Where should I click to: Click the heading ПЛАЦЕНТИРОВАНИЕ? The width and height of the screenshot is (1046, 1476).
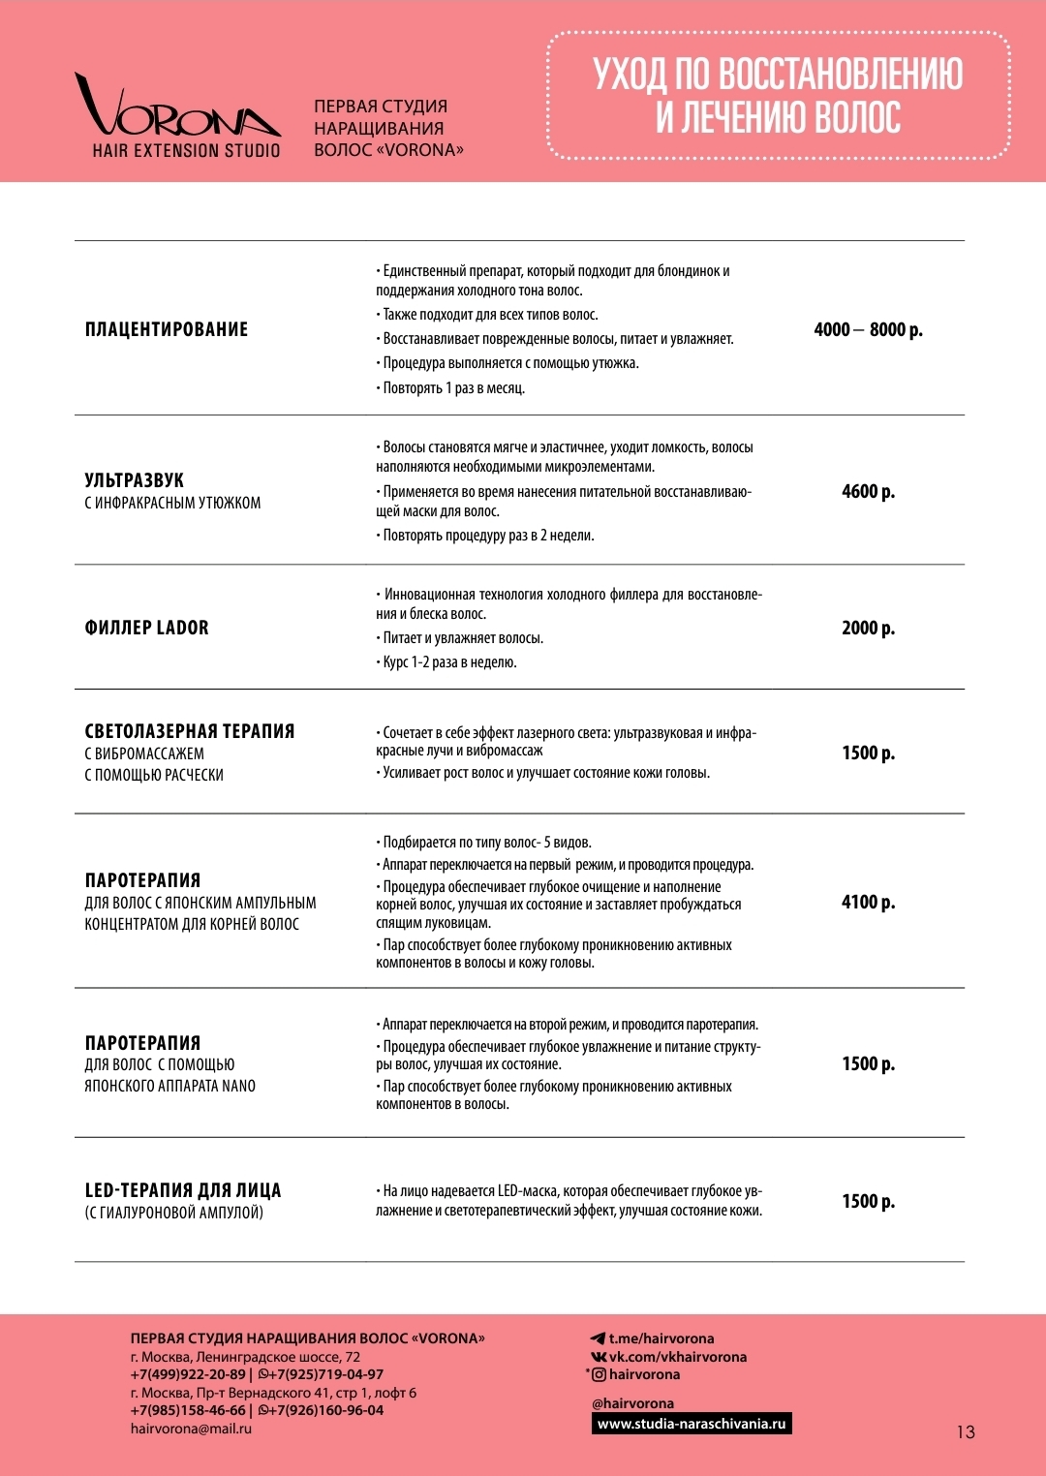pyautogui.click(x=167, y=329)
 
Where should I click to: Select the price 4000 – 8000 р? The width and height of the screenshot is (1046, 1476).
pyautogui.click(x=868, y=329)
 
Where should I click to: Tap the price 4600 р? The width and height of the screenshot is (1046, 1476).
pyautogui.click(x=868, y=491)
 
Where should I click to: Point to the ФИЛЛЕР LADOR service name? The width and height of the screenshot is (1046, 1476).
pyautogui.click(x=147, y=628)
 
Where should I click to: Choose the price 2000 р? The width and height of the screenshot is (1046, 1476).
pyautogui.click(x=868, y=628)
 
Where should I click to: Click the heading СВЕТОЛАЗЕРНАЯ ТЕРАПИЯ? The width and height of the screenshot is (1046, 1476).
pyautogui.click(x=190, y=731)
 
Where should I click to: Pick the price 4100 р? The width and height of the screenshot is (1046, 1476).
pyautogui.click(x=868, y=902)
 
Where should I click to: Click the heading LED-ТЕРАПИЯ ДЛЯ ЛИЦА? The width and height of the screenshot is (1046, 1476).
pyautogui.click(x=183, y=1190)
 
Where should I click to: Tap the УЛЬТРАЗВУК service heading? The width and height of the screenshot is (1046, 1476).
pyautogui.click(x=135, y=480)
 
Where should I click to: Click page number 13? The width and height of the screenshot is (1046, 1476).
pyautogui.click(x=966, y=1431)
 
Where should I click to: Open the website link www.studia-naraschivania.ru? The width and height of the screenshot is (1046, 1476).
pyautogui.click(x=692, y=1424)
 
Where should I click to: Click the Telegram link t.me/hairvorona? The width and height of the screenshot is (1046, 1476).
pyautogui.click(x=661, y=1338)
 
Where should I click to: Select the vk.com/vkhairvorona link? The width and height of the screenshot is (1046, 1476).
pyautogui.click(x=677, y=1357)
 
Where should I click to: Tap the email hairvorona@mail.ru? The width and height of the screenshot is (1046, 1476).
pyautogui.click(x=191, y=1429)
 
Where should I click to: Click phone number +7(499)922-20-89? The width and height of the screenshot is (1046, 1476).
pyautogui.click(x=188, y=1374)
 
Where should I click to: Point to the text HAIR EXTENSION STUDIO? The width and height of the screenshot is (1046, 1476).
pyautogui.click(x=186, y=151)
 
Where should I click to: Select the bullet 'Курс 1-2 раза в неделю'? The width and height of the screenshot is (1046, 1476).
pyautogui.click(x=449, y=662)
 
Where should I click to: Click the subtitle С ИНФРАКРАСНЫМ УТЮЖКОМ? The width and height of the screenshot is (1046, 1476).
pyautogui.click(x=172, y=503)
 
